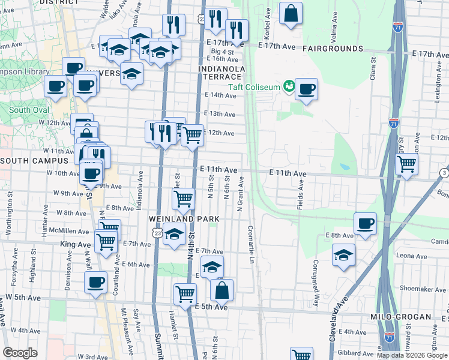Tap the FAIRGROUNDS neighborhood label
[x=333, y=48]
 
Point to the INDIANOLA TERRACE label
[x=222, y=73]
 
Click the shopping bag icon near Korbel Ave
[x=291, y=13]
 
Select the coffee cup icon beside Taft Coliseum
[x=306, y=89]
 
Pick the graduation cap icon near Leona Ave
[x=343, y=254]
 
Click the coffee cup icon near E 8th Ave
[x=365, y=223]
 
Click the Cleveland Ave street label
[x=339, y=323]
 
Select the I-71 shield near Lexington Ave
[x=394, y=122]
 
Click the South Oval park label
[x=28, y=110]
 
